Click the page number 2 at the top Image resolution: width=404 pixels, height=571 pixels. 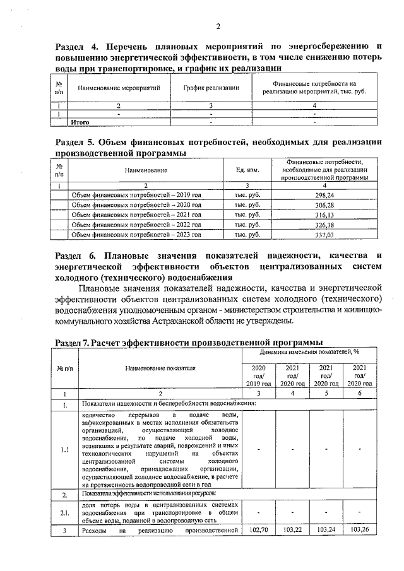218,26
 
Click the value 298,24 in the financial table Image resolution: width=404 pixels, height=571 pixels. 323,196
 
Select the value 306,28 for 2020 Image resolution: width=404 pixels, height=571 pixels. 323,206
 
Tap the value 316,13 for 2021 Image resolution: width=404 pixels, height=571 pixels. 323,215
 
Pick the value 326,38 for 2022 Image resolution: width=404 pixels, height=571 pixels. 323,225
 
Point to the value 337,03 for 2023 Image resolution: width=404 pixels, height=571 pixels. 323,235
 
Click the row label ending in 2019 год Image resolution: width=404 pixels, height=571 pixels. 136,196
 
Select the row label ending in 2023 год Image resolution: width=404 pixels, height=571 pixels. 136,235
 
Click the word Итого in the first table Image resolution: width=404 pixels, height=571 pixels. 80,122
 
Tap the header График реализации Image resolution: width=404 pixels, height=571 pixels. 211,88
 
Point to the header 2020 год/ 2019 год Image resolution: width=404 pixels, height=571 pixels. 258,375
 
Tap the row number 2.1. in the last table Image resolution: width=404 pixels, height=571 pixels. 65,513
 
